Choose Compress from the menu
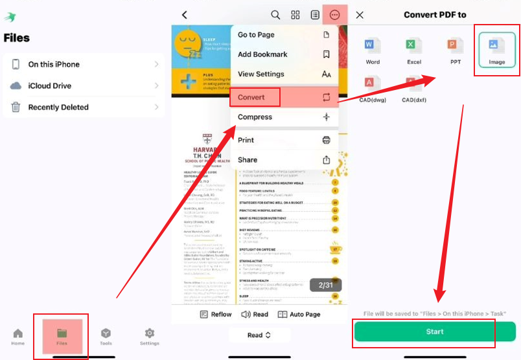click(x=284, y=117)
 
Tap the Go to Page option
click(x=284, y=35)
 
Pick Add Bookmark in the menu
click(x=284, y=54)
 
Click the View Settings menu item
click(x=284, y=74)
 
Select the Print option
click(x=284, y=140)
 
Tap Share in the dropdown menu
click(x=284, y=160)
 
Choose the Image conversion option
click(x=497, y=50)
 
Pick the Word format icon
click(x=373, y=50)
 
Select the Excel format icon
click(x=414, y=50)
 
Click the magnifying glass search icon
click(x=275, y=15)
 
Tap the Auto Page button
click(x=299, y=314)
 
